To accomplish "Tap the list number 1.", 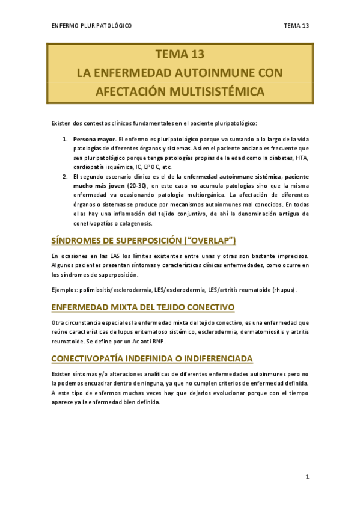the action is tap(65, 140).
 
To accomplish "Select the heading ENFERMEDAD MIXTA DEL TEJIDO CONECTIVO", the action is tap(142, 307).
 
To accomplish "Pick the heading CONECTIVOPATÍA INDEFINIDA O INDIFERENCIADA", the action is tap(153, 358).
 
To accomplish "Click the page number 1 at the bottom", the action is tap(307, 477).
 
